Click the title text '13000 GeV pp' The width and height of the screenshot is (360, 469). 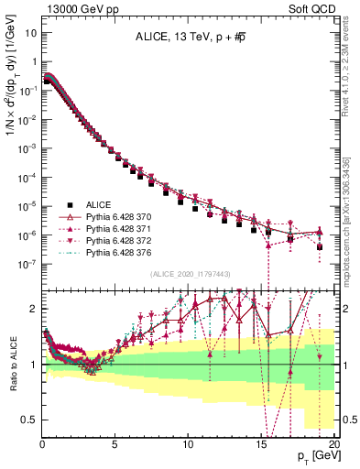(73, 7)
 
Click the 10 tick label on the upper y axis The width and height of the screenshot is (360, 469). (29, 33)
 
